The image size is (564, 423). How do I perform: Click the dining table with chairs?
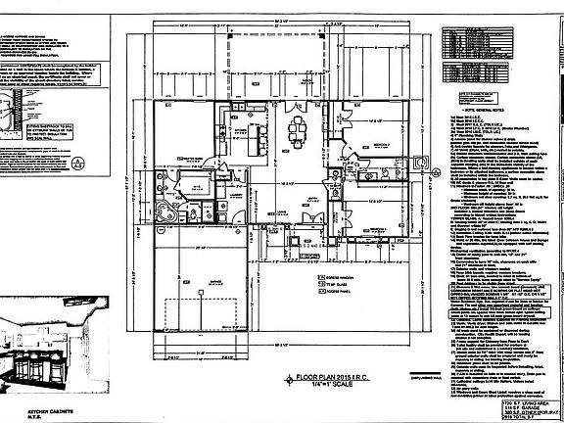(299, 129)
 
